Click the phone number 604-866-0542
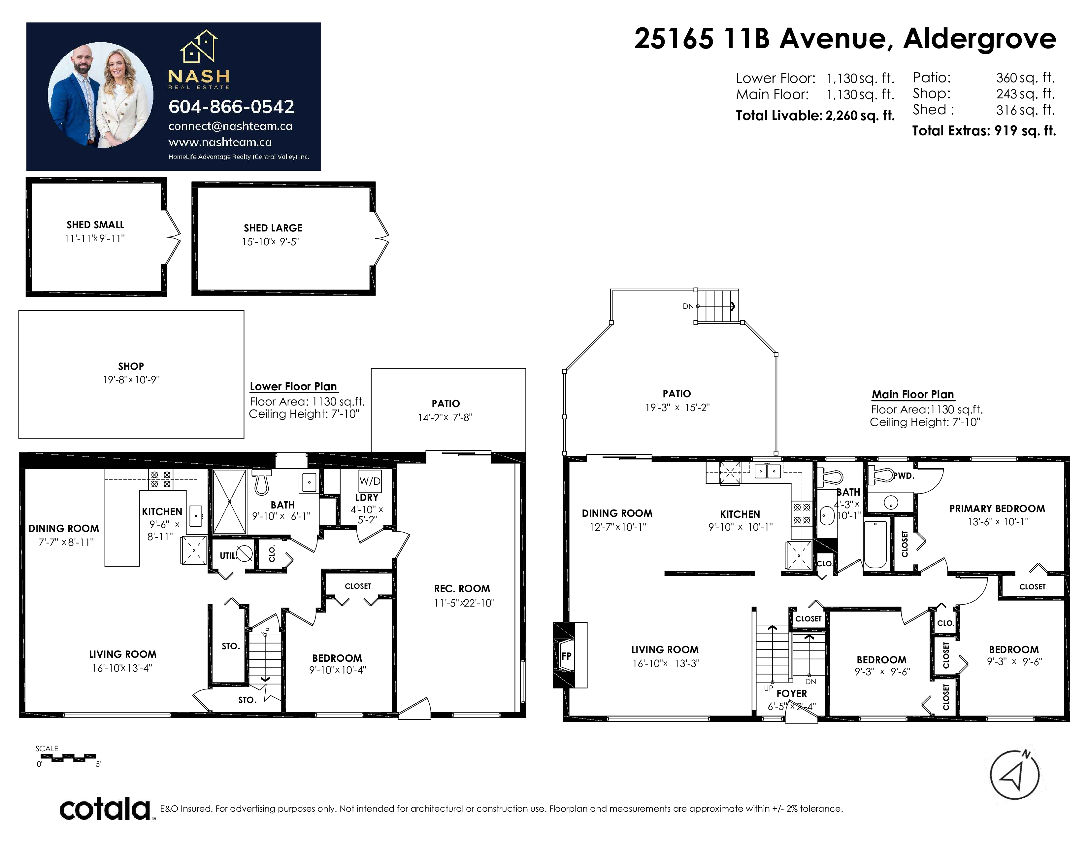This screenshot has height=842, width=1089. (x=231, y=106)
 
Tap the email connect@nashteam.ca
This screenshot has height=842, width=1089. (x=230, y=126)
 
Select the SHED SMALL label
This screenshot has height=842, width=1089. (x=95, y=225)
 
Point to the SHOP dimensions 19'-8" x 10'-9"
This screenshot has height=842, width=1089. (x=131, y=380)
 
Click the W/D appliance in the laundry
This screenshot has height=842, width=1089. (x=370, y=481)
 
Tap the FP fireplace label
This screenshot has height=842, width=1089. (x=566, y=656)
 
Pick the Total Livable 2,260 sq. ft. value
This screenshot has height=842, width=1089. (x=860, y=116)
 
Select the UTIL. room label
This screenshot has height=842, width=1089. (x=228, y=555)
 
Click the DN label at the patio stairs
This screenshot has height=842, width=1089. (x=688, y=306)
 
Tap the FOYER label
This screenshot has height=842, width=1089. (x=792, y=693)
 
